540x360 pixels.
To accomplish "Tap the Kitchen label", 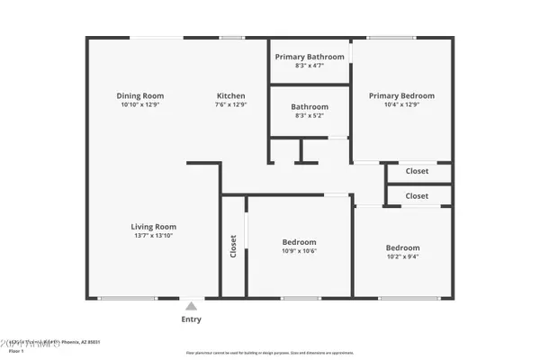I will [230, 95].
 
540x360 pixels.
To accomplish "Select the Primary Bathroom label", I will [309, 56].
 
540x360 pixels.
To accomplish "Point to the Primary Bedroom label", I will [401, 95].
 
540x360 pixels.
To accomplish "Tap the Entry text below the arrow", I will [191, 319].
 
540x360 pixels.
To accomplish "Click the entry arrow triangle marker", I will [191, 306].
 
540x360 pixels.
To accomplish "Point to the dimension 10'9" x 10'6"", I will [300, 251].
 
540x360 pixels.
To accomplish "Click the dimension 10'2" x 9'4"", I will [402, 256].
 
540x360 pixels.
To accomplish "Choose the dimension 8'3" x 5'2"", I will [309, 115].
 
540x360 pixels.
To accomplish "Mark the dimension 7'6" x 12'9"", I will [230, 104].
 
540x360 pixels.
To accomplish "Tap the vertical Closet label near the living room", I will [233, 247].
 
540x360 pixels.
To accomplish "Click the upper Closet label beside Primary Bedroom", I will [417, 171].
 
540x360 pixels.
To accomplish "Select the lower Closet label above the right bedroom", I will [417, 195].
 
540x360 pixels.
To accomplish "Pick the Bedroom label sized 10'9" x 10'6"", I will [300, 242].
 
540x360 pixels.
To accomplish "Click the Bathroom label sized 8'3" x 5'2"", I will [309, 106].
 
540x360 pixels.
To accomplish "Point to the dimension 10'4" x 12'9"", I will [401, 104].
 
